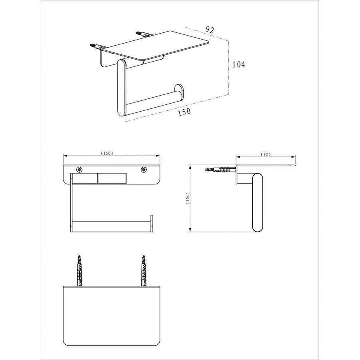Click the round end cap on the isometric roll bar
pos(178,91)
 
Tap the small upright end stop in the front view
pos(152,223)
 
